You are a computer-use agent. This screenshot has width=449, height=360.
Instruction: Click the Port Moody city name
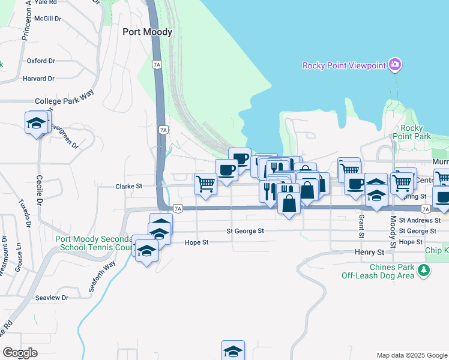[147, 32]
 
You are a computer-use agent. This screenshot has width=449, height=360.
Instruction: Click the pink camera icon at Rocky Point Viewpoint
[394, 64]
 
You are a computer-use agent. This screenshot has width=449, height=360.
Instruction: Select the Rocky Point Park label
[416, 132]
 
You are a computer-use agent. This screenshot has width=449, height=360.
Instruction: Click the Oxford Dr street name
[41, 61]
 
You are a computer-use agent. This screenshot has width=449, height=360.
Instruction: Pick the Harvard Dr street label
[38, 79]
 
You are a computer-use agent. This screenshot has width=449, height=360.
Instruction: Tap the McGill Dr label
[48, 19]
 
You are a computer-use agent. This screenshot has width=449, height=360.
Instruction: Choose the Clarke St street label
[128, 187]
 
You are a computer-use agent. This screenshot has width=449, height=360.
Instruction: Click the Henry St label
[369, 253]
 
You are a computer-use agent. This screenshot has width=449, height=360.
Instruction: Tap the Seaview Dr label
[53, 298]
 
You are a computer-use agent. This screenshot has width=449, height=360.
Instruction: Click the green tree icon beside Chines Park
[424, 271]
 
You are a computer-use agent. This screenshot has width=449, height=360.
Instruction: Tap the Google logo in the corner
[20, 353]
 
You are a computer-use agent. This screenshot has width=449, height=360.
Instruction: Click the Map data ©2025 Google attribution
[411, 355]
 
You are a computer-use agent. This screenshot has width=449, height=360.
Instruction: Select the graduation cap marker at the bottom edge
[233, 351]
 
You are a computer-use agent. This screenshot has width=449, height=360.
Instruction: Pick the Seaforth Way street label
[101, 277]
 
